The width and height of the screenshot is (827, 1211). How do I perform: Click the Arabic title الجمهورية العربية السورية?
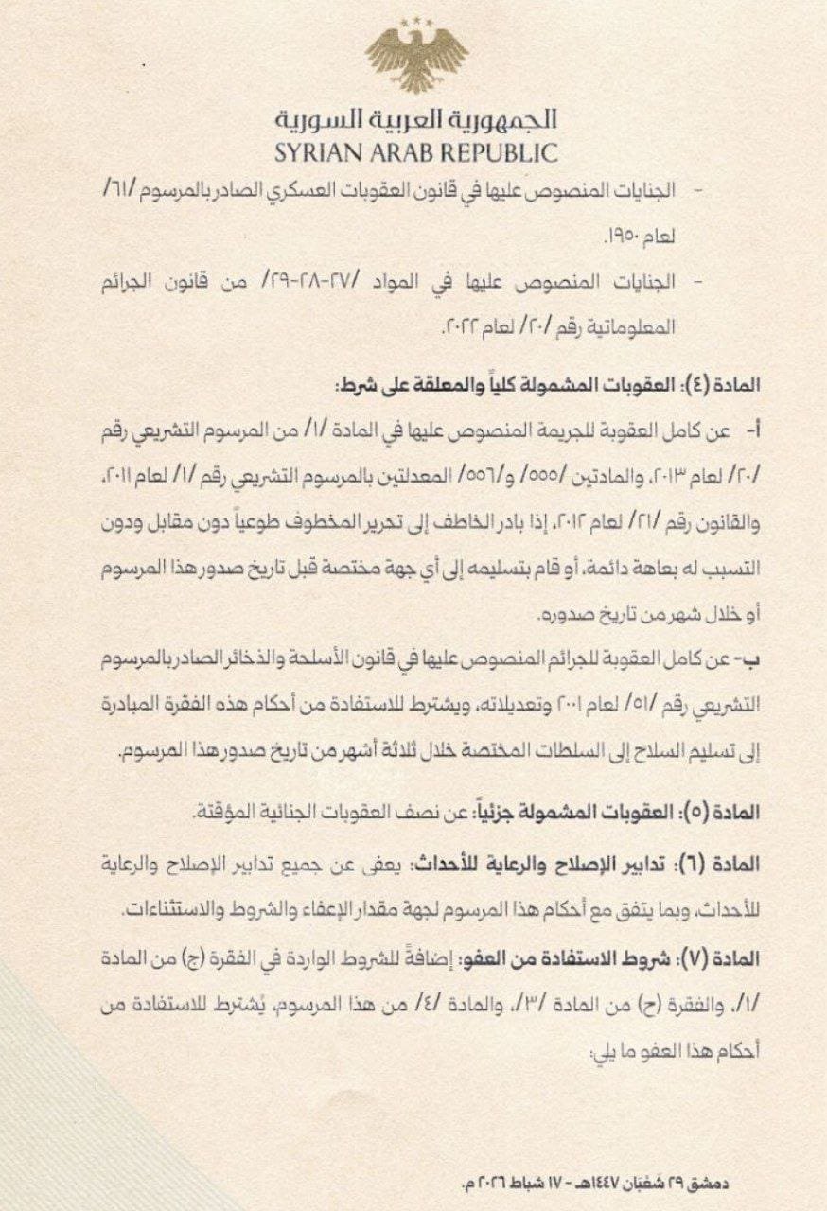tap(416, 120)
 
